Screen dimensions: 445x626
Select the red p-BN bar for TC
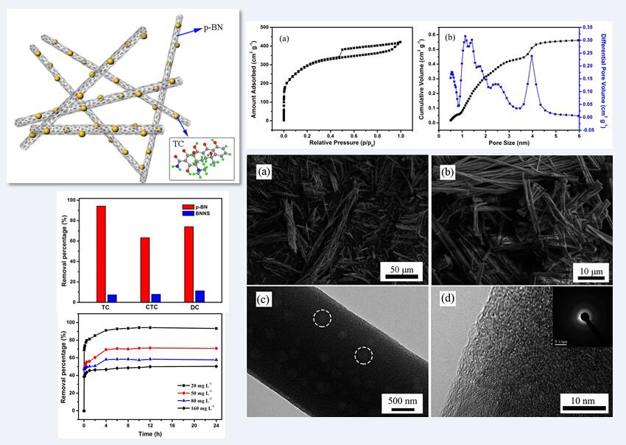(x=101, y=254)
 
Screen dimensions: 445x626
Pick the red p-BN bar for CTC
(x=144, y=269)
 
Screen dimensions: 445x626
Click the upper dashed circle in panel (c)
(x=322, y=318)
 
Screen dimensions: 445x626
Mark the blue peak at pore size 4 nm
(x=531, y=56)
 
